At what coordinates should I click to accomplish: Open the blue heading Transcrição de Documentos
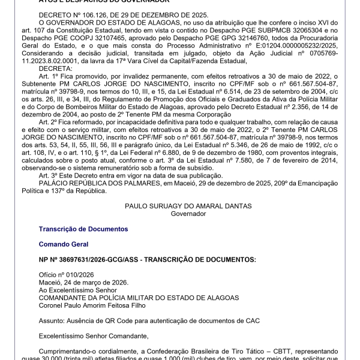83,229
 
